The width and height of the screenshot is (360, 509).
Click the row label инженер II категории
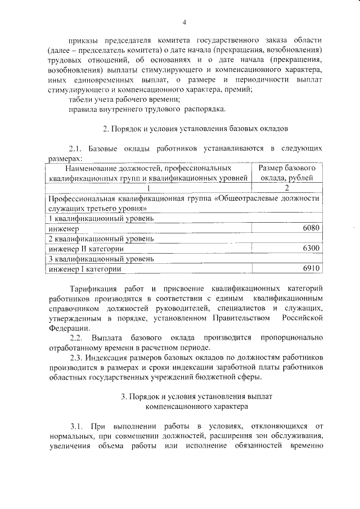tap(86, 249)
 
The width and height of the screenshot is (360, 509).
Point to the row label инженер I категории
tap(84, 269)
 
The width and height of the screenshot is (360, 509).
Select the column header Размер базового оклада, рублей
tap(287, 173)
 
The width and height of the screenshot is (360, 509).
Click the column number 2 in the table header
tap(287, 188)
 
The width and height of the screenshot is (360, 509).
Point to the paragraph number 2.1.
tap(76, 148)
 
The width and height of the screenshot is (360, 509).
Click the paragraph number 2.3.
tap(76, 357)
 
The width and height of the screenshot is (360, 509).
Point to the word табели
tap(79, 98)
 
